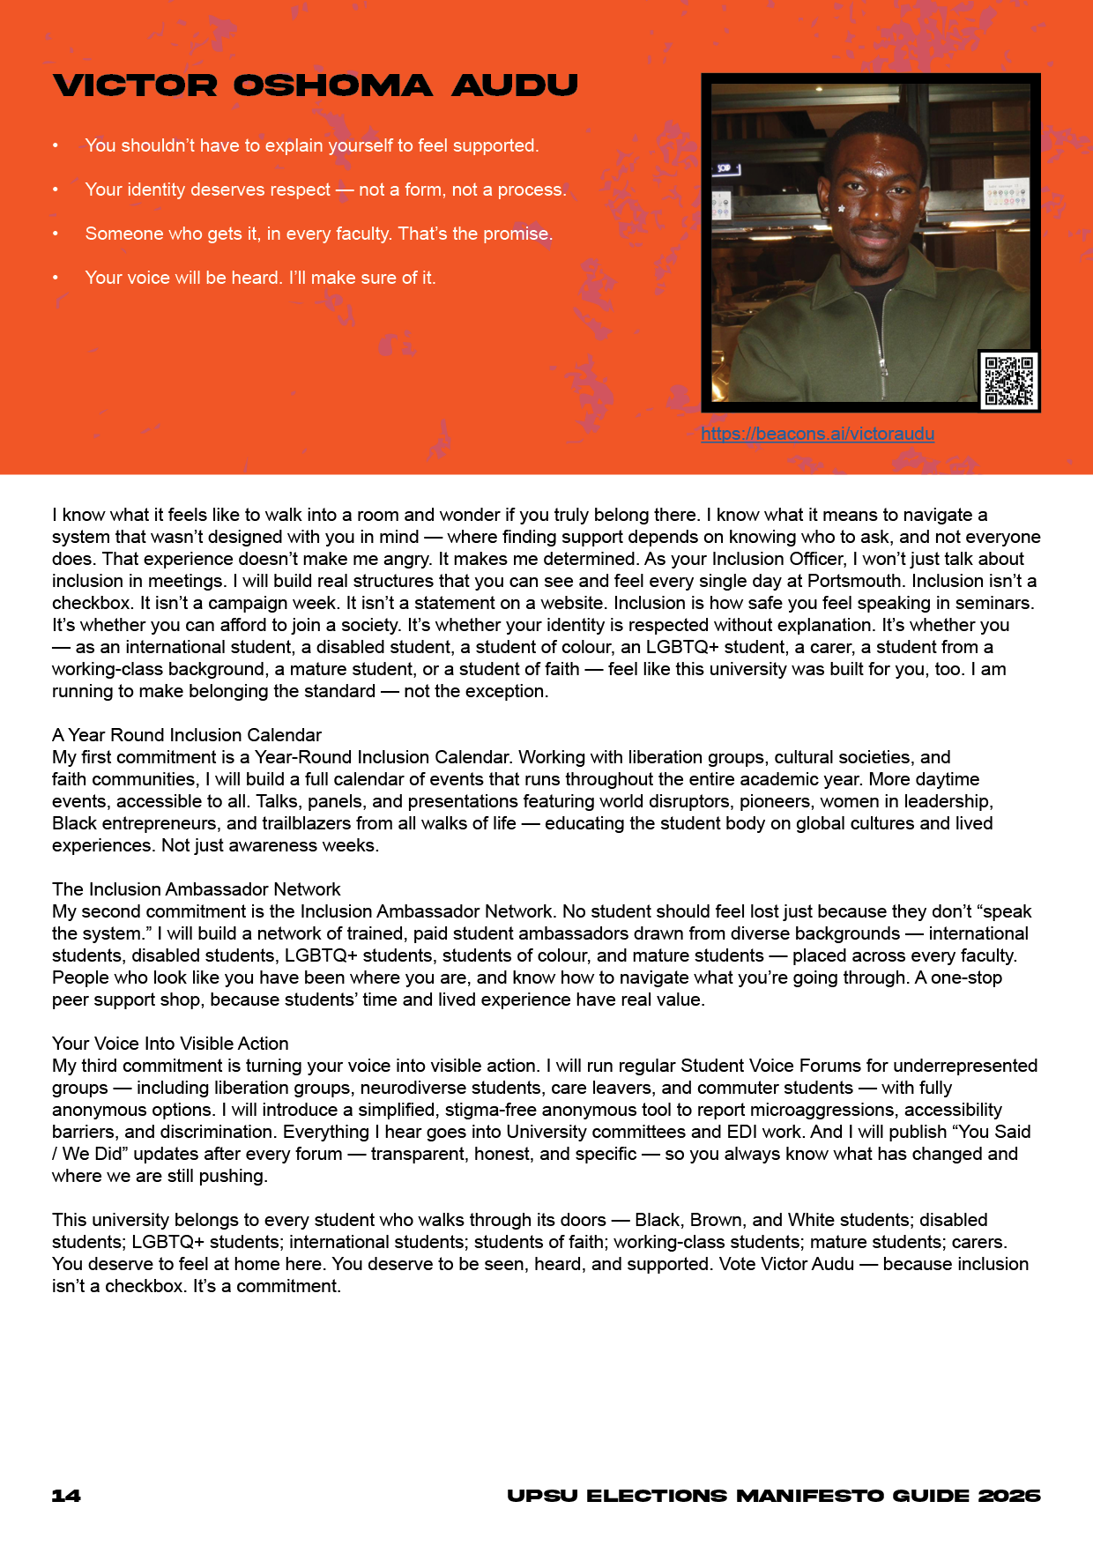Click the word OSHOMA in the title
coord(332,85)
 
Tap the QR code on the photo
coord(1008,381)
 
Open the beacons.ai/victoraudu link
coord(817,434)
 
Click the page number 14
coord(66,1496)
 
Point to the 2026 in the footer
coord(1009,1496)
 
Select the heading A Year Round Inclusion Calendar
coord(187,735)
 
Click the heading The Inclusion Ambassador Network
coord(197,889)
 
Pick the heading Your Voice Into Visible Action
coord(170,1044)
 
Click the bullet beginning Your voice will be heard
coord(260,278)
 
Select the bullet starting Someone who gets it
coord(318,234)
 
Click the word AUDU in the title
coord(515,85)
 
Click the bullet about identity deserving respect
coord(325,190)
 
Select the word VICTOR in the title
coord(135,85)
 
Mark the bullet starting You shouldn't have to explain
coord(311,145)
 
